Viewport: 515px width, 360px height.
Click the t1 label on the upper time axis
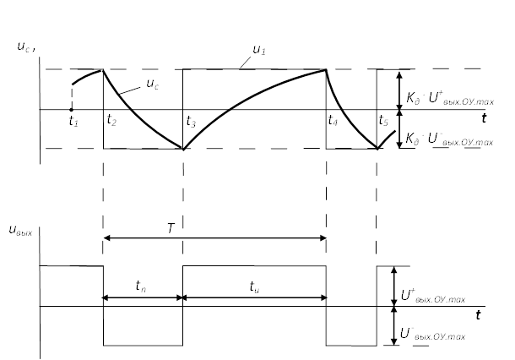tap(73, 122)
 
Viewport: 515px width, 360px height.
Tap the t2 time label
tap(111, 122)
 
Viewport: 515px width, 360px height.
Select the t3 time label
tap(191, 122)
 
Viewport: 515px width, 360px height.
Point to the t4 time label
tap(333, 121)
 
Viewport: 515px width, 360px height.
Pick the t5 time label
tap(384, 121)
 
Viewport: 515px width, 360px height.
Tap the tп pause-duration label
tap(140, 286)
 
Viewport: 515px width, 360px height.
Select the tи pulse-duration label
tap(254, 286)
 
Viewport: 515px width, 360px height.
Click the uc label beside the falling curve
tap(153, 83)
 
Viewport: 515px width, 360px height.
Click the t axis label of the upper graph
tap(485, 117)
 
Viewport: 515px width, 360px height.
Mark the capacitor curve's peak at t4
tap(327, 69)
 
